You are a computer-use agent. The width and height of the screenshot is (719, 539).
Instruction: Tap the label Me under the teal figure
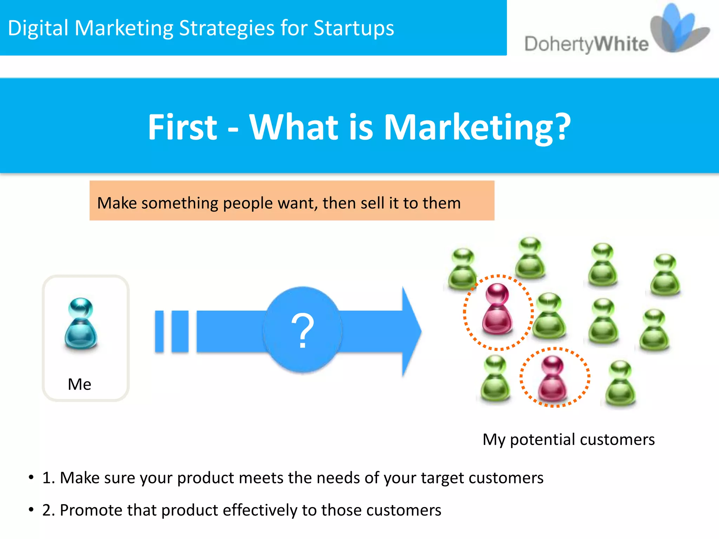coord(79,384)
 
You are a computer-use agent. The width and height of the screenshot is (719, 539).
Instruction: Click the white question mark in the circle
coord(302,331)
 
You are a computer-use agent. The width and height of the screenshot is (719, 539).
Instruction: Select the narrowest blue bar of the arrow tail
coord(159,331)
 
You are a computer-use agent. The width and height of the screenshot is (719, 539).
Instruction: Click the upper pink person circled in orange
coord(497,309)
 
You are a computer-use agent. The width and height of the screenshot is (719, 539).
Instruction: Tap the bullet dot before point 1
coord(31,478)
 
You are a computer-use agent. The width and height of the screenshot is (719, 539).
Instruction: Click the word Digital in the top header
coord(38,28)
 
